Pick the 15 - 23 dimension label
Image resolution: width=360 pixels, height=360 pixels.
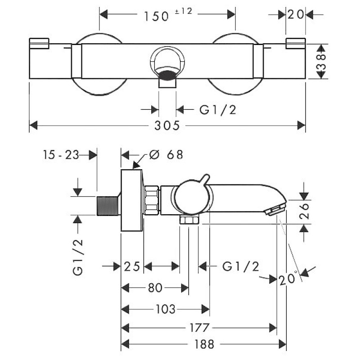tap(61, 155)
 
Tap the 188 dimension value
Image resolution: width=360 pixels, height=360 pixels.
tap(204, 344)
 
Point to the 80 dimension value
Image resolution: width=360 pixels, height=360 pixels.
tap(155, 288)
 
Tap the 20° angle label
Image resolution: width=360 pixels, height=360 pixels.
tap(288, 279)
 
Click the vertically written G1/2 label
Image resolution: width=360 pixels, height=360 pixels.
tap(79, 256)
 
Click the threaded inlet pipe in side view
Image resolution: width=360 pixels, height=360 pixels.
tap(108, 206)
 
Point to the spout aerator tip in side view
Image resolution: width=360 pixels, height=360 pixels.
tap(276, 209)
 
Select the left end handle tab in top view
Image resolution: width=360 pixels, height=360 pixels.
tap(38, 43)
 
